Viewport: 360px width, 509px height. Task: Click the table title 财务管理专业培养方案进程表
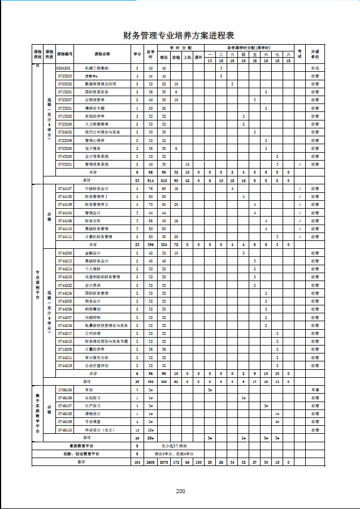click(x=179, y=35)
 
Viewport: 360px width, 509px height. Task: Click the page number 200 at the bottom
click(x=180, y=491)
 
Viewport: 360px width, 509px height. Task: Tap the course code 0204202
click(x=64, y=67)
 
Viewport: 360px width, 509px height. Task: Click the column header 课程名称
click(x=103, y=54)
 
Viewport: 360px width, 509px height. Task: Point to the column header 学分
click(x=137, y=54)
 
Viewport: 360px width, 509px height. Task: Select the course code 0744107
click(x=65, y=188)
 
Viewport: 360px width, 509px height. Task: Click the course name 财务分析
click(x=93, y=221)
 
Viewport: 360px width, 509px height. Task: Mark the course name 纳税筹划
click(x=93, y=309)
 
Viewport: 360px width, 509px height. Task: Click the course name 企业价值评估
click(x=97, y=366)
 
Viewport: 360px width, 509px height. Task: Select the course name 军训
click(x=89, y=390)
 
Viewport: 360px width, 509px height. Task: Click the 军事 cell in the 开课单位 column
click(x=315, y=390)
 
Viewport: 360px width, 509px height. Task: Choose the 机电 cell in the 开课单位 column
click(x=315, y=67)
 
